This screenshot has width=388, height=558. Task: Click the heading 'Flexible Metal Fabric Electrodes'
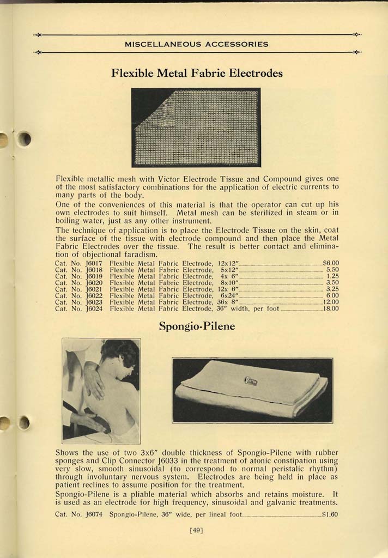point(197,73)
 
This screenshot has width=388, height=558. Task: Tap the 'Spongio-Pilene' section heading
point(197,327)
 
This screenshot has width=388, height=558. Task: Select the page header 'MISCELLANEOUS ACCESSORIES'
point(197,44)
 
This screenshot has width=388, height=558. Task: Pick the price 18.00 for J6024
point(331,308)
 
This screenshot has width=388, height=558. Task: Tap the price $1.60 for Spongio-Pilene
point(330,513)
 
